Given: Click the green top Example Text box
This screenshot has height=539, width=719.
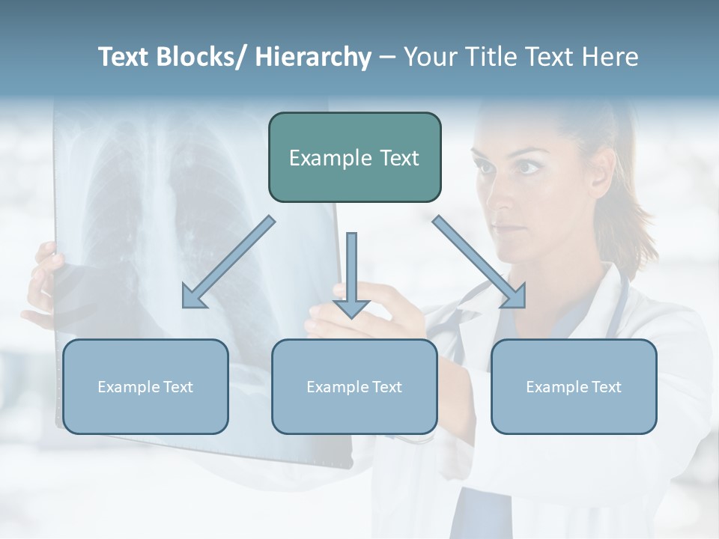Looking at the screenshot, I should (x=354, y=157).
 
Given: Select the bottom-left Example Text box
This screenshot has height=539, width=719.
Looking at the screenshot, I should (x=145, y=386).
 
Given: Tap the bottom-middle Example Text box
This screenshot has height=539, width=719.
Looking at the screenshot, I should (x=354, y=386).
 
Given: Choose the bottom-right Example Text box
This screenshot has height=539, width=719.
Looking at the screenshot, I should (x=574, y=386).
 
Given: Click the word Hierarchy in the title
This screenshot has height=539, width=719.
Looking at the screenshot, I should (x=313, y=57).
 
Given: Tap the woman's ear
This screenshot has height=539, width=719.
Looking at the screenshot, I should (x=599, y=176).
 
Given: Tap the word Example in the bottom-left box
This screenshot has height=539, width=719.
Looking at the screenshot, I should (x=128, y=387).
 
